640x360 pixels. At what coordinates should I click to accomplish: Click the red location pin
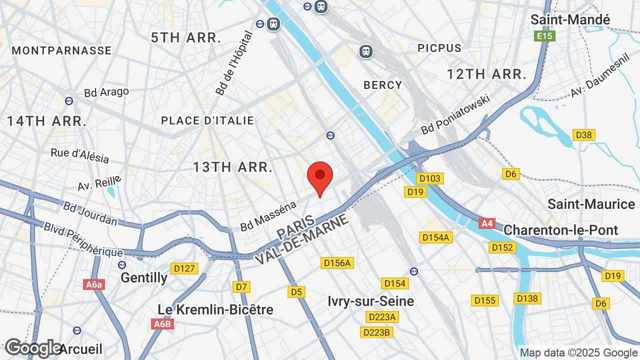coord(320,177)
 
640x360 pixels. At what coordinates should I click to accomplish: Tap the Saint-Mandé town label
coord(570,20)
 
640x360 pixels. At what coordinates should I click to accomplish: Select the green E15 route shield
coord(544,36)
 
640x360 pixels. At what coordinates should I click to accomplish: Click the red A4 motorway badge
coord(487,223)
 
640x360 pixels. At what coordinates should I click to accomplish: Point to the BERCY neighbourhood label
coord(383,85)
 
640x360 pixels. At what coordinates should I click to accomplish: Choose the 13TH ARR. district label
coord(233,167)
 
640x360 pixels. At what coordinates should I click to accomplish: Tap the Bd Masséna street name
coord(268,215)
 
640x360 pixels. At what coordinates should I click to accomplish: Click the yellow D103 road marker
coord(429,178)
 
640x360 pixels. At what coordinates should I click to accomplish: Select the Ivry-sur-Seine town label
coord(370,301)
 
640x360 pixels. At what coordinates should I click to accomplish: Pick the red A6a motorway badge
coord(94,284)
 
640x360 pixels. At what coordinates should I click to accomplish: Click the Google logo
coord(33,348)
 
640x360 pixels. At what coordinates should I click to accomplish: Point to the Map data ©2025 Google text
coord(578,352)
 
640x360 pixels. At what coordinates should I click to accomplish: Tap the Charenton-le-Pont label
coord(560,230)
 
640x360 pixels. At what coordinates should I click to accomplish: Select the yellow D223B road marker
coord(376,332)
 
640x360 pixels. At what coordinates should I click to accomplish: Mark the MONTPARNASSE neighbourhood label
coord(61,50)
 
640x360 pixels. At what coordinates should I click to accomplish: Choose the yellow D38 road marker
coord(583,135)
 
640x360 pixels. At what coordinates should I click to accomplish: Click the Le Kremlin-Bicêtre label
coord(215,309)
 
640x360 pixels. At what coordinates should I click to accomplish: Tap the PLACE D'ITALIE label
coord(207,120)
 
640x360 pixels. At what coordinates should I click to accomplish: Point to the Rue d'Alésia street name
coord(80,155)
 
